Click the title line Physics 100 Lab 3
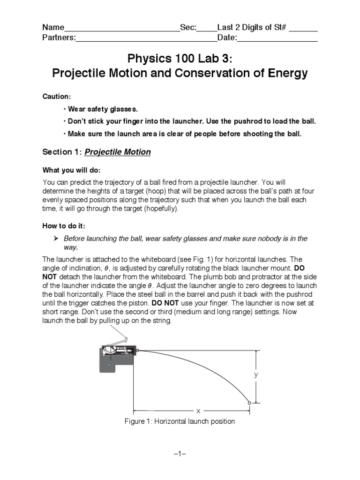point(180,59)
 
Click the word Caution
point(56,96)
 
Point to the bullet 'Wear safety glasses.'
point(100,109)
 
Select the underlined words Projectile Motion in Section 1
point(118,152)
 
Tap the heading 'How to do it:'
point(64,225)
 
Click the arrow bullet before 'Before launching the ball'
point(56,239)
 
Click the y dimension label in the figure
point(256,375)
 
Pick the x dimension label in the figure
point(198,411)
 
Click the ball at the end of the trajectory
point(249,402)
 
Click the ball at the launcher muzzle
point(138,350)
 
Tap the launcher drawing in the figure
point(117,356)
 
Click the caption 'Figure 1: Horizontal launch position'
point(180,421)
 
